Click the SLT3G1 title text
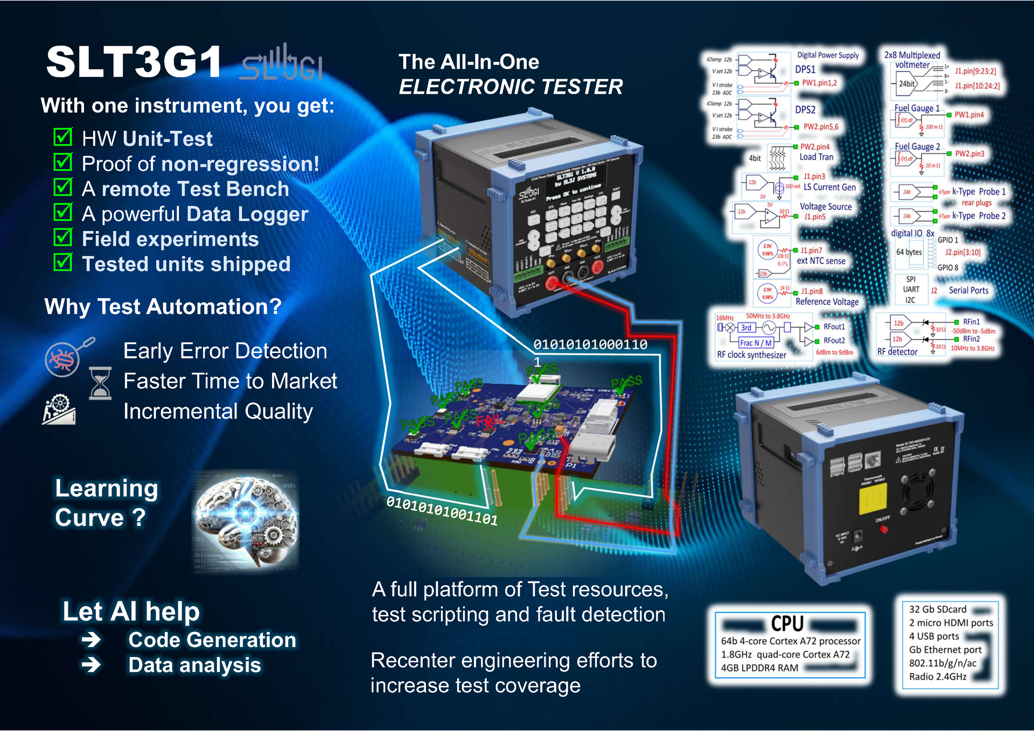click(134, 62)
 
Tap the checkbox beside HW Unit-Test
click(63, 137)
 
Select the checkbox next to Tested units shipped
click(63, 263)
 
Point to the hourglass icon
click(100, 383)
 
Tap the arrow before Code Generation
click(92, 639)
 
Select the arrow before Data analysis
click(92, 665)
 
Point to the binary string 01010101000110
click(590, 345)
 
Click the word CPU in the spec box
click(787, 624)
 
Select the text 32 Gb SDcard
click(938, 609)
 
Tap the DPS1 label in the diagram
click(805, 69)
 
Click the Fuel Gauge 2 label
click(917, 146)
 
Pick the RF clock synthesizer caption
click(751, 355)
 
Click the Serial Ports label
click(968, 291)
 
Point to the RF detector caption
click(897, 352)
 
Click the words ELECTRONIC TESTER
click(511, 87)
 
